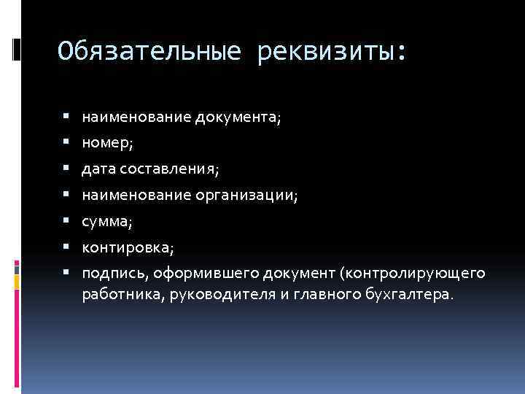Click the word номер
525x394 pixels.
click(106, 142)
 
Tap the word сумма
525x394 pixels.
click(106, 221)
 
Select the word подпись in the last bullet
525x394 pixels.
click(109, 274)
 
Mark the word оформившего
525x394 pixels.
click(185, 274)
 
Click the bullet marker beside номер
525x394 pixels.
click(66, 142)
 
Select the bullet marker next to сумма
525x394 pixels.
click(66, 221)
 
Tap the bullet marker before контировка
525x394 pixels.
click(66, 247)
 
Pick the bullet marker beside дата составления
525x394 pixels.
click(66, 169)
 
